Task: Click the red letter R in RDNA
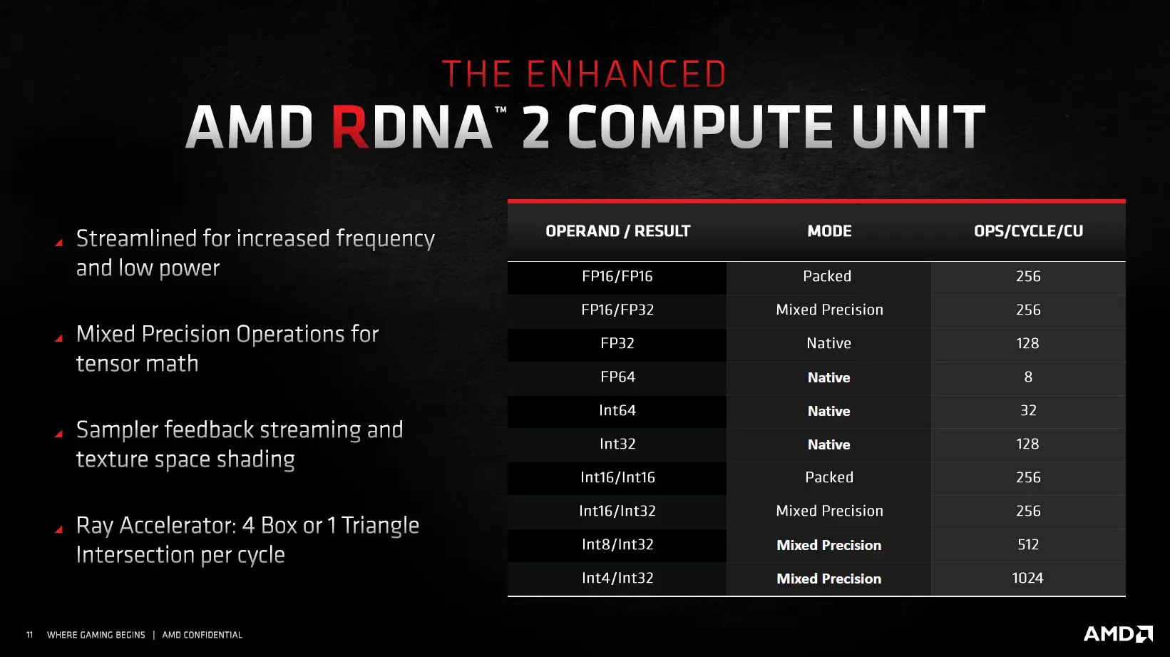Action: pos(351,126)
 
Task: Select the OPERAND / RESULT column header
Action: pos(618,231)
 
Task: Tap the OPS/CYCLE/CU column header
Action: pos(1028,231)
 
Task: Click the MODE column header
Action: pos(829,231)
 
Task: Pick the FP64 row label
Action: pos(617,377)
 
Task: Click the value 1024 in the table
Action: pos(1027,578)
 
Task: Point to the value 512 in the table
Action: pos(1028,544)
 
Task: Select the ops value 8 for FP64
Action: pos(1028,377)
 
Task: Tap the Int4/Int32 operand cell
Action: pos(617,578)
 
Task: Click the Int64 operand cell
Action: pos(617,410)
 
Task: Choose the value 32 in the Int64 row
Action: pos(1028,410)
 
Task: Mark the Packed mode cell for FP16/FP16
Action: pos(827,276)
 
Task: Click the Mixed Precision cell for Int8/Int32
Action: pos(829,545)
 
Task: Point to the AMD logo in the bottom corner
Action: pos(1118,634)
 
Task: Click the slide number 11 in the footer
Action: pos(30,635)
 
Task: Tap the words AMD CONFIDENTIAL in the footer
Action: pos(202,635)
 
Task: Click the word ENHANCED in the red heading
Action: pos(626,73)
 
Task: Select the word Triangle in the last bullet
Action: pos(380,526)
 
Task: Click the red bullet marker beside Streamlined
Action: pos(59,242)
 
